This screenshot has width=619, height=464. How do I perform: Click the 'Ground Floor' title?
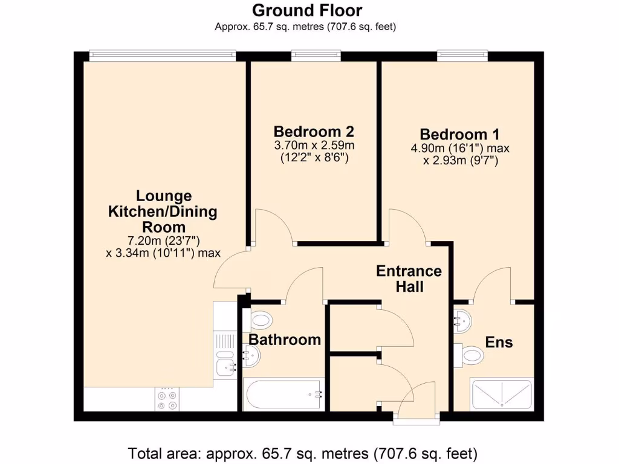[306, 10]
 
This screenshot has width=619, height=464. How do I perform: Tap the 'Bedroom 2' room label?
[313, 132]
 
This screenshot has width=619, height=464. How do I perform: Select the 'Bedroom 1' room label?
[459, 134]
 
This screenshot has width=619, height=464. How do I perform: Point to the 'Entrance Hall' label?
[409, 278]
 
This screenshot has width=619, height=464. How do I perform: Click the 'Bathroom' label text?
[285, 340]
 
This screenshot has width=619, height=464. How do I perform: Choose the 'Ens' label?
[499, 343]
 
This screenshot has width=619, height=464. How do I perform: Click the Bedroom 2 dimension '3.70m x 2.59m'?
[313, 146]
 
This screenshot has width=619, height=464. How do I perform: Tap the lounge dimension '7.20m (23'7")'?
[163, 240]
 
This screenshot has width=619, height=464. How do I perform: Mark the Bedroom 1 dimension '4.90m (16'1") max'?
[459, 148]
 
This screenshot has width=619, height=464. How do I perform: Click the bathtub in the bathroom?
[284, 395]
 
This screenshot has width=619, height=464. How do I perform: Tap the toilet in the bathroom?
[261, 320]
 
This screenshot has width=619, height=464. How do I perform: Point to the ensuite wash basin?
[463, 321]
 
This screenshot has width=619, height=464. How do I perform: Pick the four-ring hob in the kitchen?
[167, 400]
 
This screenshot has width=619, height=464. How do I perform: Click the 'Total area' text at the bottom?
[302, 453]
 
